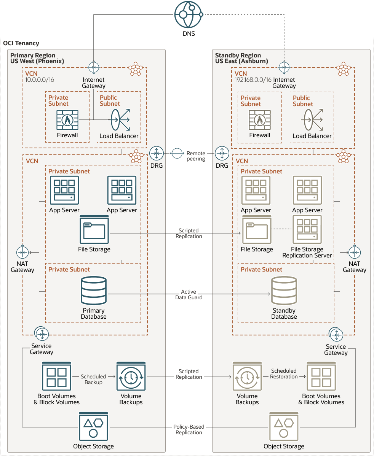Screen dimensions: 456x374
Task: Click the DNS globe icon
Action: (x=188, y=14)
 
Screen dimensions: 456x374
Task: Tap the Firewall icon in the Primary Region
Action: (x=67, y=120)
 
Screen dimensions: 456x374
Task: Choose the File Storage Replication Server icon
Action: (x=307, y=229)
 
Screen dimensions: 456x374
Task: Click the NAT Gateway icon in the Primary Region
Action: (x=22, y=253)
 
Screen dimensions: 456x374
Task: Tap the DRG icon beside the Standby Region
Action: (x=222, y=153)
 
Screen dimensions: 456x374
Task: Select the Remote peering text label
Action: (x=196, y=156)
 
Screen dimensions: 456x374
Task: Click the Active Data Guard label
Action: (x=189, y=294)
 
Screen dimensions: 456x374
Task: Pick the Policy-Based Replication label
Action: (x=189, y=430)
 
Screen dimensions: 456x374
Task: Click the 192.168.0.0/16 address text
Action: (x=253, y=80)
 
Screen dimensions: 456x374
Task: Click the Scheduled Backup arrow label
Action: (x=93, y=379)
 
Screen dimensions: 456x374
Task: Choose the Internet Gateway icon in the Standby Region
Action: (x=284, y=67)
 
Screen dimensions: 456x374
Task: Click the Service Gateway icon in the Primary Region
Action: (x=42, y=334)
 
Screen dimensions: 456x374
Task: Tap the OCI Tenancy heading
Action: (x=21, y=43)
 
